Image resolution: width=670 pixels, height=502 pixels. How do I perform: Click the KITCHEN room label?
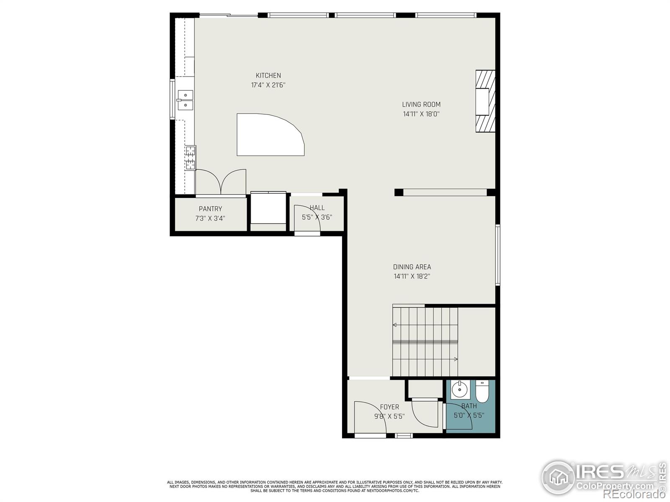click(x=268, y=76)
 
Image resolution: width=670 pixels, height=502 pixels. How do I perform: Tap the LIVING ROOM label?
click(x=421, y=105)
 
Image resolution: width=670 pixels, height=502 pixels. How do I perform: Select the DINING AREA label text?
click(x=412, y=267)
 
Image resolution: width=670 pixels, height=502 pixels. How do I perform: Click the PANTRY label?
click(x=210, y=209)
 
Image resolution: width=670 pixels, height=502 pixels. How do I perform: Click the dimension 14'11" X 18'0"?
click(x=421, y=114)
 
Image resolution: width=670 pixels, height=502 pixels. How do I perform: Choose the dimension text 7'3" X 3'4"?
click(x=210, y=218)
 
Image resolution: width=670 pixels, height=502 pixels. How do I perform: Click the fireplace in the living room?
click(x=485, y=101)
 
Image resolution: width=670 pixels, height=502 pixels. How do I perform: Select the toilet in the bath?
click(x=482, y=392)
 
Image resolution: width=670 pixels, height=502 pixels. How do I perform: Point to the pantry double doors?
click(x=221, y=182)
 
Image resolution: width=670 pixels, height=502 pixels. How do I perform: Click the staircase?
click(x=425, y=341)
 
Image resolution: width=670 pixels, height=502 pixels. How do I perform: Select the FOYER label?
click(x=389, y=407)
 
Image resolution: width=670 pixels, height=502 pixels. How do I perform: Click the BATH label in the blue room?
click(x=469, y=406)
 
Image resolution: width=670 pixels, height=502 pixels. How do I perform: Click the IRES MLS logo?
click(x=603, y=477)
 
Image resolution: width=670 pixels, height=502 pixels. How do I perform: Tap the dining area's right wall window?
click(x=498, y=255)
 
